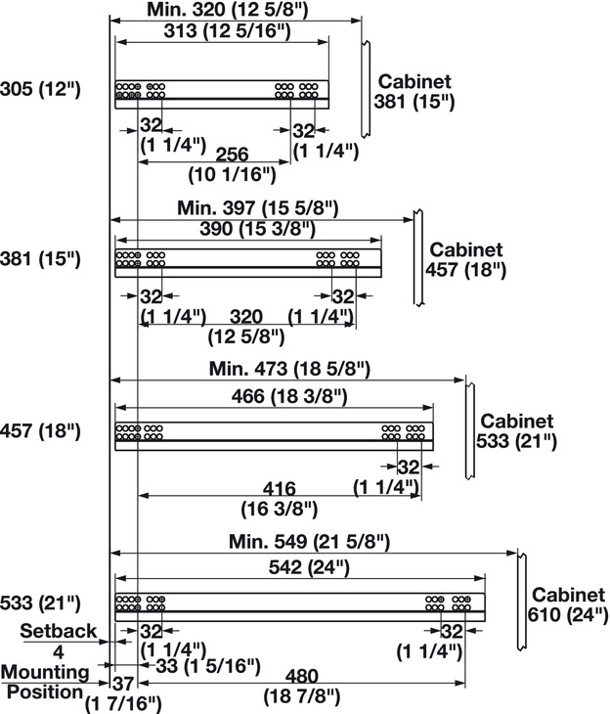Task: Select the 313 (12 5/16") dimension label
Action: point(223,31)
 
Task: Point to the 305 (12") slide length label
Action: point(40,90)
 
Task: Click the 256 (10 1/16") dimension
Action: point(232,165)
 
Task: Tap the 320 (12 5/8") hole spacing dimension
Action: point(246,327)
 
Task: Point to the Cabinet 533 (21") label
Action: point(515,431)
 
